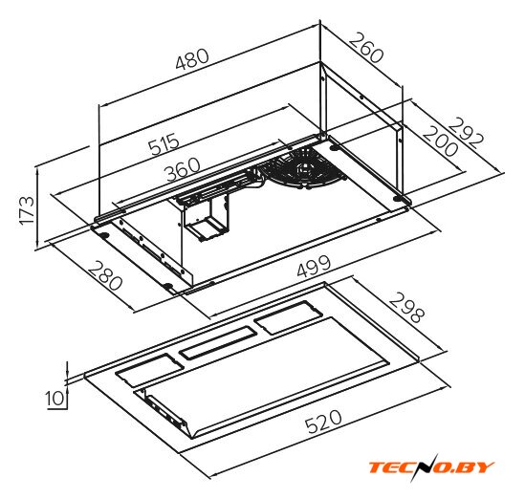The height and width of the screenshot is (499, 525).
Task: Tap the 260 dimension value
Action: pyautogui.click(x=366, y=48)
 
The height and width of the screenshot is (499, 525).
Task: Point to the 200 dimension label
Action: pyautogui.click(x=440, y=141)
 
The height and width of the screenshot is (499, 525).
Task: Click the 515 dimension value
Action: pyautogui.click(x=164, y=144)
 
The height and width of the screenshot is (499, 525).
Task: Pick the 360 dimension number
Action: pyautogui.click(x=184, y=169)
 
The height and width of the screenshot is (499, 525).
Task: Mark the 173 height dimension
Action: pyautogui.click(x=27, y=210)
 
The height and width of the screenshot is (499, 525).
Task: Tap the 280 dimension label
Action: pyautogui.click(x=105, y=276)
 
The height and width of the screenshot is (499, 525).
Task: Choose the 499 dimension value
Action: pyautogui.click(x=314, y=266)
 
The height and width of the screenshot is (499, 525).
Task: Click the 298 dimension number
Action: pyautogui.click(x=406, y=308)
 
